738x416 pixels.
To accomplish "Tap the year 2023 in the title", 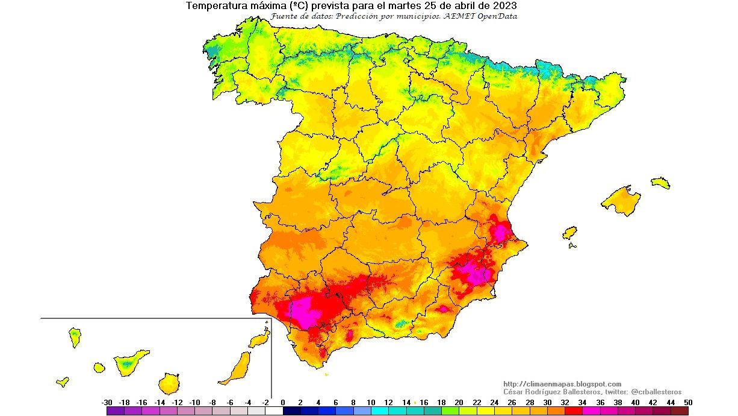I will coord(504,6).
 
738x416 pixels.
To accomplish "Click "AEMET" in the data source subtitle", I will coord(457,16).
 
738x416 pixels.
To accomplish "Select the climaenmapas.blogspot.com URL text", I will coord(562,384).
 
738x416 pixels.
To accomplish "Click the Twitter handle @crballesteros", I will coord(656,392).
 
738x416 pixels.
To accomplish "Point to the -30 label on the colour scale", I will coord(107,402).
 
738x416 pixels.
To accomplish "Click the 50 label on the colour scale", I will coord(688,402).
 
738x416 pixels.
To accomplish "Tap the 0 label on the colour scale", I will coord(283,402).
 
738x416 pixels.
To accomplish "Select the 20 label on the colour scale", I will coord(459,402).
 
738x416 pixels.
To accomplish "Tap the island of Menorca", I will coord(660,182).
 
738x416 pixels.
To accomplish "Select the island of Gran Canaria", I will coord(169,383).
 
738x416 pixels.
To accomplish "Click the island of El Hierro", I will coord(62,381).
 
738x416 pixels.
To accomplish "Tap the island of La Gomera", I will coord(99,367).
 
